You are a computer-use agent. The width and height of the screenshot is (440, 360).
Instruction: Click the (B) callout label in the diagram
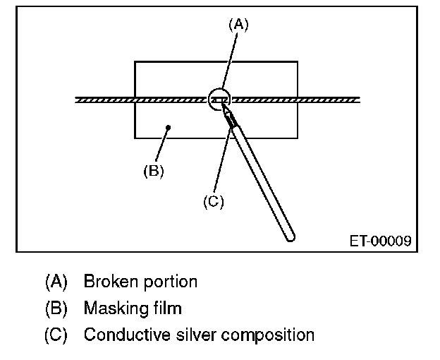(153, 171)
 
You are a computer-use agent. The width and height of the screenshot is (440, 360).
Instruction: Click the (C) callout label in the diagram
(213, 201)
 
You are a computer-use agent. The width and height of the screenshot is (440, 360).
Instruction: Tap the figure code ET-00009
(381, 241)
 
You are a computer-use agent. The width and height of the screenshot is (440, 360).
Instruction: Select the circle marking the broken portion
(221, 100)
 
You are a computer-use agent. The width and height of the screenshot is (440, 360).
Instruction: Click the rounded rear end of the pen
(290, 237)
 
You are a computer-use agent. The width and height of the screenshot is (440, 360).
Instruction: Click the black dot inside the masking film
(169, 127)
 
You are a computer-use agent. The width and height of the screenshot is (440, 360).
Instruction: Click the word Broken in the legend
(106, 281)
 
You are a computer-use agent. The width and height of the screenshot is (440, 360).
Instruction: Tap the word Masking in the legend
(111, 308)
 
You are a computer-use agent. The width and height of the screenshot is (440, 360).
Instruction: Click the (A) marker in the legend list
(56, 282)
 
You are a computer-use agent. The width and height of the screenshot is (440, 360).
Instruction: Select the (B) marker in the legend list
(56, 308)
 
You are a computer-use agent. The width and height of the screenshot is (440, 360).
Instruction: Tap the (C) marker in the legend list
(56, 335)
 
